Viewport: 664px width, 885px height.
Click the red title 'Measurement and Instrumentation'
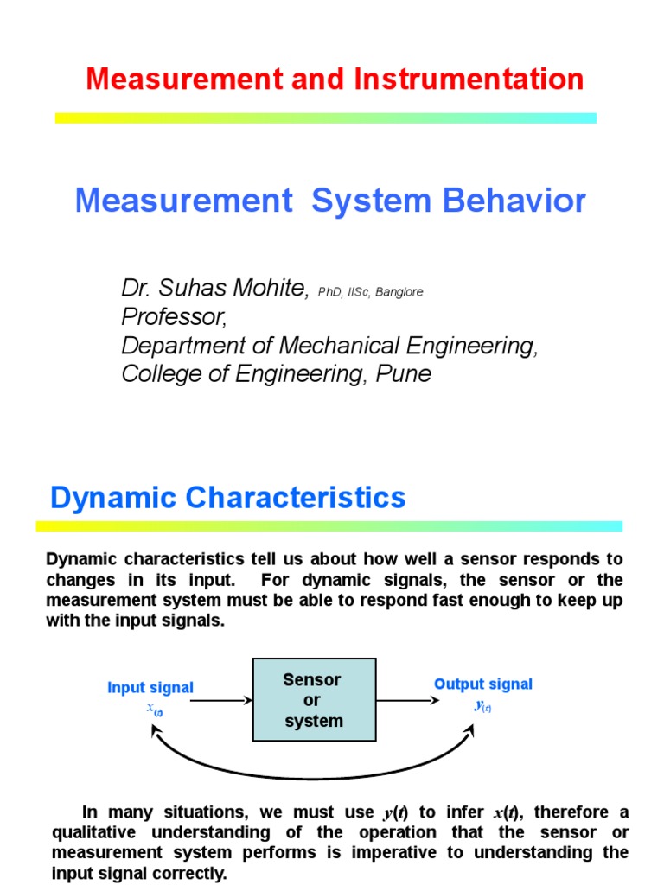(x=335, y=80)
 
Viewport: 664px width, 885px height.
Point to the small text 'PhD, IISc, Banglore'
(x=370, y=293)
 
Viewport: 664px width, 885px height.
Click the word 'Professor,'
(x=175, y=318)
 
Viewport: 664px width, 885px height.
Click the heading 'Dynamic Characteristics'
(x=227, y=498)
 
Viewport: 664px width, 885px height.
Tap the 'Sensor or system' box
(x=314, y=700)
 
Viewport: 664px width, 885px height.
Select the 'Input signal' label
(x=150, y=688)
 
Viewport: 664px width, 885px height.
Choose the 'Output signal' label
(x=483, y=684)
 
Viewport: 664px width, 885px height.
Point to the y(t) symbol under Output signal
(x=482, y=705)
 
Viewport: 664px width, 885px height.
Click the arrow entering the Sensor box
(x=220, y=701)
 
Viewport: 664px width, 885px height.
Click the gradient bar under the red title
(x=326, y=118)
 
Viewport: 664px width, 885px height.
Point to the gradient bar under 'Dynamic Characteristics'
(x=329, y=525)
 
